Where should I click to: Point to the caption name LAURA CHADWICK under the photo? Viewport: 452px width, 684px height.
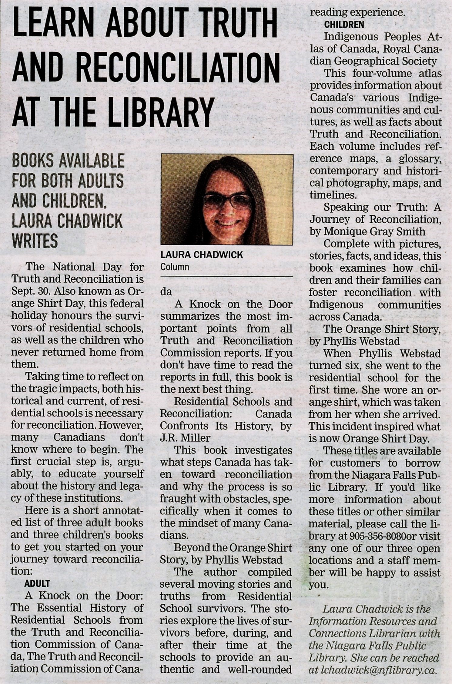point(202,255)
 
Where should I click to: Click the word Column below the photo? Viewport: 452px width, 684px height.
point(175,267)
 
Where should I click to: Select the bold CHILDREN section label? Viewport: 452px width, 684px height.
point(344,24)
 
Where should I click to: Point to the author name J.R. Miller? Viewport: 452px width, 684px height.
point(185,438)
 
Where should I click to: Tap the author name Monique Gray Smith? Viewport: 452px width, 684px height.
point(374,231)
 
